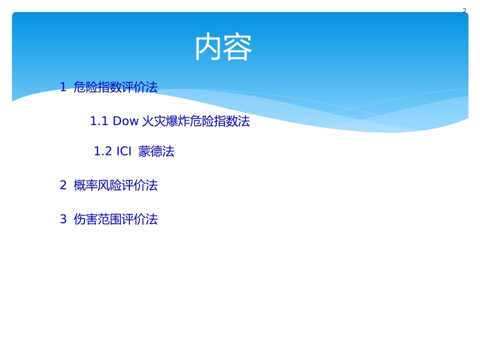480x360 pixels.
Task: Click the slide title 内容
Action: pyautogui.click(x=223, y=47)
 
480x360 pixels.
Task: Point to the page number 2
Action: pyautogui.click(x=464, y=10)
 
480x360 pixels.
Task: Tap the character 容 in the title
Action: pyautogui.click(x=238, y=47)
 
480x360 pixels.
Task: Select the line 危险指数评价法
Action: pyautogui.click(x=116, y=87)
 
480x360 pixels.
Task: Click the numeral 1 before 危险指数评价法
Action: pyautogui.click(x=63, y=87)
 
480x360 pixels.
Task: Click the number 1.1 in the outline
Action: pyautogui.click(x=99, y=122)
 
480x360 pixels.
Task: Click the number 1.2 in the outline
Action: pyautogui.click(x=103, y=151)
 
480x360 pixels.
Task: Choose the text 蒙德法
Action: pyautogui.click(x=156, y=151)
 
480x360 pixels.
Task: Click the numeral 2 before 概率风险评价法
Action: pyautogui.click(x=63, y=186)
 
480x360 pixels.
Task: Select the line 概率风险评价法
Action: pyautogui.click(x=116, y=186)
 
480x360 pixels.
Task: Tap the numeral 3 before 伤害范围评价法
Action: pyautogui.click(x=63, y=220)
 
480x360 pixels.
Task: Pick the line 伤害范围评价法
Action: pyautogui.click(x=116, y=220)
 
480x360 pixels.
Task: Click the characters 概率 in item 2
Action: pyautogui.click(x=85, y=186)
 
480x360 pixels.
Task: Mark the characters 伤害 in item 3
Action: pyautogui.click(x=85, y=220)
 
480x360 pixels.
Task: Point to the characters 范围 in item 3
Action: pyautogui.click(x=110, y=220)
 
